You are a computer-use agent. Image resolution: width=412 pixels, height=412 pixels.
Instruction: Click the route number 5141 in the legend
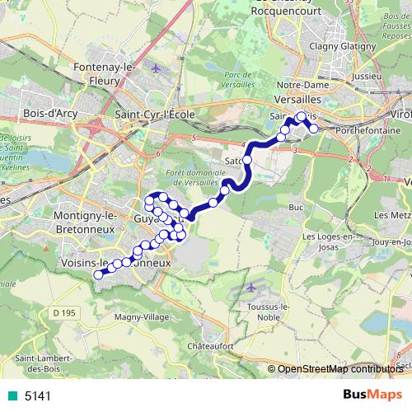[x=38, y=396]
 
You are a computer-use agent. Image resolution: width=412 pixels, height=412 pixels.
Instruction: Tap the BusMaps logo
[x=372, y=395]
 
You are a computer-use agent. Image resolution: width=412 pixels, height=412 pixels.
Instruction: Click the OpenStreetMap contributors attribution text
[x=341, y=369]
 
